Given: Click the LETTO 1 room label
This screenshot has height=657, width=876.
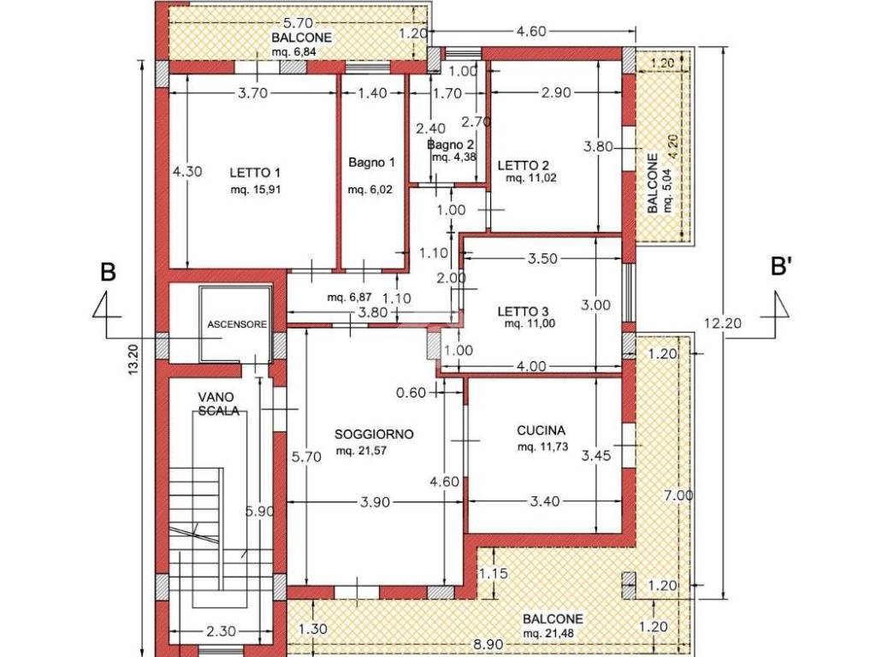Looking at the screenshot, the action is (x=255, y=173).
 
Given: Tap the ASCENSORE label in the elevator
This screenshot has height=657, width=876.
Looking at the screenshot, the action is (x=237, y=324).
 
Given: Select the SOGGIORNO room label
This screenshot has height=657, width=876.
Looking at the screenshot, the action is (x=374, y=434).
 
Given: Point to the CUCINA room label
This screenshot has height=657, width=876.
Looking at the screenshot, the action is (x=541, y=430).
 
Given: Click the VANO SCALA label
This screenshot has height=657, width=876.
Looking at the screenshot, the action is (x=219, y=404).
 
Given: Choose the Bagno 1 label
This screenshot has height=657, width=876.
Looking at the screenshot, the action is (x=371, y=163).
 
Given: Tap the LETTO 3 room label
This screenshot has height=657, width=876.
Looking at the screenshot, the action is (x=523, y=311).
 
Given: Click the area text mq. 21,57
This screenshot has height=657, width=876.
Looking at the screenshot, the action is (x=362, y=451).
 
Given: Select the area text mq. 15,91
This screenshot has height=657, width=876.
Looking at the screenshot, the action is (x=255, y=190).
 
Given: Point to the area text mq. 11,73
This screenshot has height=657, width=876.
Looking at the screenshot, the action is (x=542, y=447).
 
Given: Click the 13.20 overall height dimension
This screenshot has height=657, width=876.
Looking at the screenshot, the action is (x=133, y=359).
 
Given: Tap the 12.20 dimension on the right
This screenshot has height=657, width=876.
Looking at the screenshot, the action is (x=723, y=323).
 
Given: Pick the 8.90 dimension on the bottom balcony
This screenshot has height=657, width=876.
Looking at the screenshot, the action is (x=488, y=644).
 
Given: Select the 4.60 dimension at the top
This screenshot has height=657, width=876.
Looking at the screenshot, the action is (x=530, y=32).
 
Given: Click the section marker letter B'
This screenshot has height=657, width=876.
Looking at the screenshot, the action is (x=782, y=267).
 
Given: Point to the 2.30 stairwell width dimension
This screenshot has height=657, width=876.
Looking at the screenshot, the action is (x=221, y=632).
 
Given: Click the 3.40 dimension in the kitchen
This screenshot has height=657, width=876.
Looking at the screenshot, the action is (x=544, y=501).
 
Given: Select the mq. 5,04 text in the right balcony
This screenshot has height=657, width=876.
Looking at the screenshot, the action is (x=668, y=192).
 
